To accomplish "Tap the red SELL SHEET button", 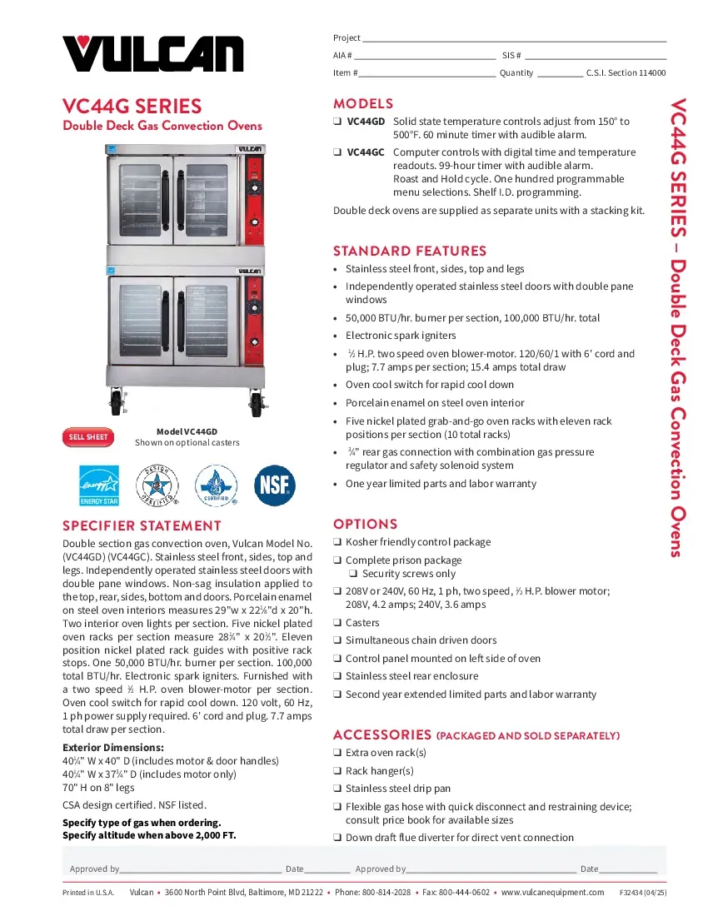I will coord(87,436).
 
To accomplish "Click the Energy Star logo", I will coord(99,485).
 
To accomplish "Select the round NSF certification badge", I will coord(274,485).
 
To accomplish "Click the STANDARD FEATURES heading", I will coord(409,251).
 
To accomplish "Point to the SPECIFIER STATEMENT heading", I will coord(142,525).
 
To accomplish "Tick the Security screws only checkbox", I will coord(353,574).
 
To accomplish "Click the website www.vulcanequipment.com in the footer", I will coord(552,892).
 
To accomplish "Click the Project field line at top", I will coord(514,39).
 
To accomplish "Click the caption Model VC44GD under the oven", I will coord(187,431).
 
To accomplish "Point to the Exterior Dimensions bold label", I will coord(113,747).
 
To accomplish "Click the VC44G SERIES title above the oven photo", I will coord(132,107).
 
